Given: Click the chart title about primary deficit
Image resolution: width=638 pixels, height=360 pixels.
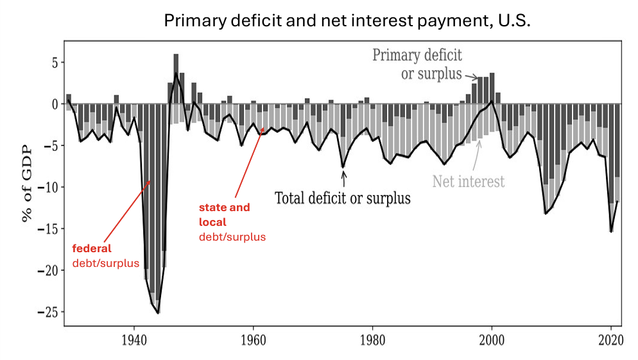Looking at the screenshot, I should click(347, 21).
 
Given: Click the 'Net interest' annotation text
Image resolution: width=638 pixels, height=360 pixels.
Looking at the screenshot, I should click(468, 181).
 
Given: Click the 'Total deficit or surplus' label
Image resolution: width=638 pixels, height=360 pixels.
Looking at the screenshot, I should click(342, 198).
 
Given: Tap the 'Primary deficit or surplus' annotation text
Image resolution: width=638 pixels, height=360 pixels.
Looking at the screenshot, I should click(418, 64).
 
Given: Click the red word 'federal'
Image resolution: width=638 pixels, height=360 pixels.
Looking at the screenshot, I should click(91, 248).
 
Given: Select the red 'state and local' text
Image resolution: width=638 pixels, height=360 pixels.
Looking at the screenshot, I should click(224, 214).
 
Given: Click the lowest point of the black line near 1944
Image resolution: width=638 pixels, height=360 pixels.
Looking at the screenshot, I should click(158, 313).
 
